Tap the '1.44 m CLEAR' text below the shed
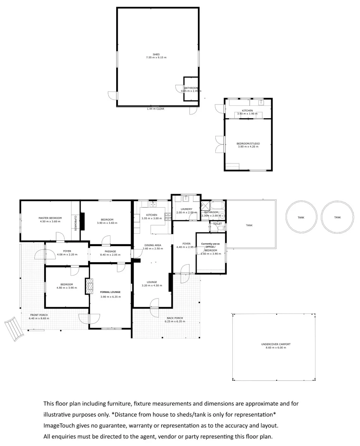click(155, 109)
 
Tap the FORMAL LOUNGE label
click(110, 292)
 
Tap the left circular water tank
click(302, 217)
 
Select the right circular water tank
click(338, 217)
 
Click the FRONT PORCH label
click(39, 316)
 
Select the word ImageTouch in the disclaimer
click(58, 425)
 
